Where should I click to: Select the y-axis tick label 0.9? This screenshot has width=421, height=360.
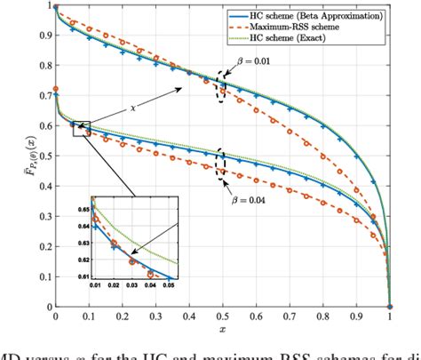coord(44,36)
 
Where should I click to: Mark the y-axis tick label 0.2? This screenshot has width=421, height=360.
coord(44,246)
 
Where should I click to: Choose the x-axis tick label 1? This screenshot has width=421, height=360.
coord(390,316)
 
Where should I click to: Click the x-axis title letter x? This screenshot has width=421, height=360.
coord(222,328)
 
